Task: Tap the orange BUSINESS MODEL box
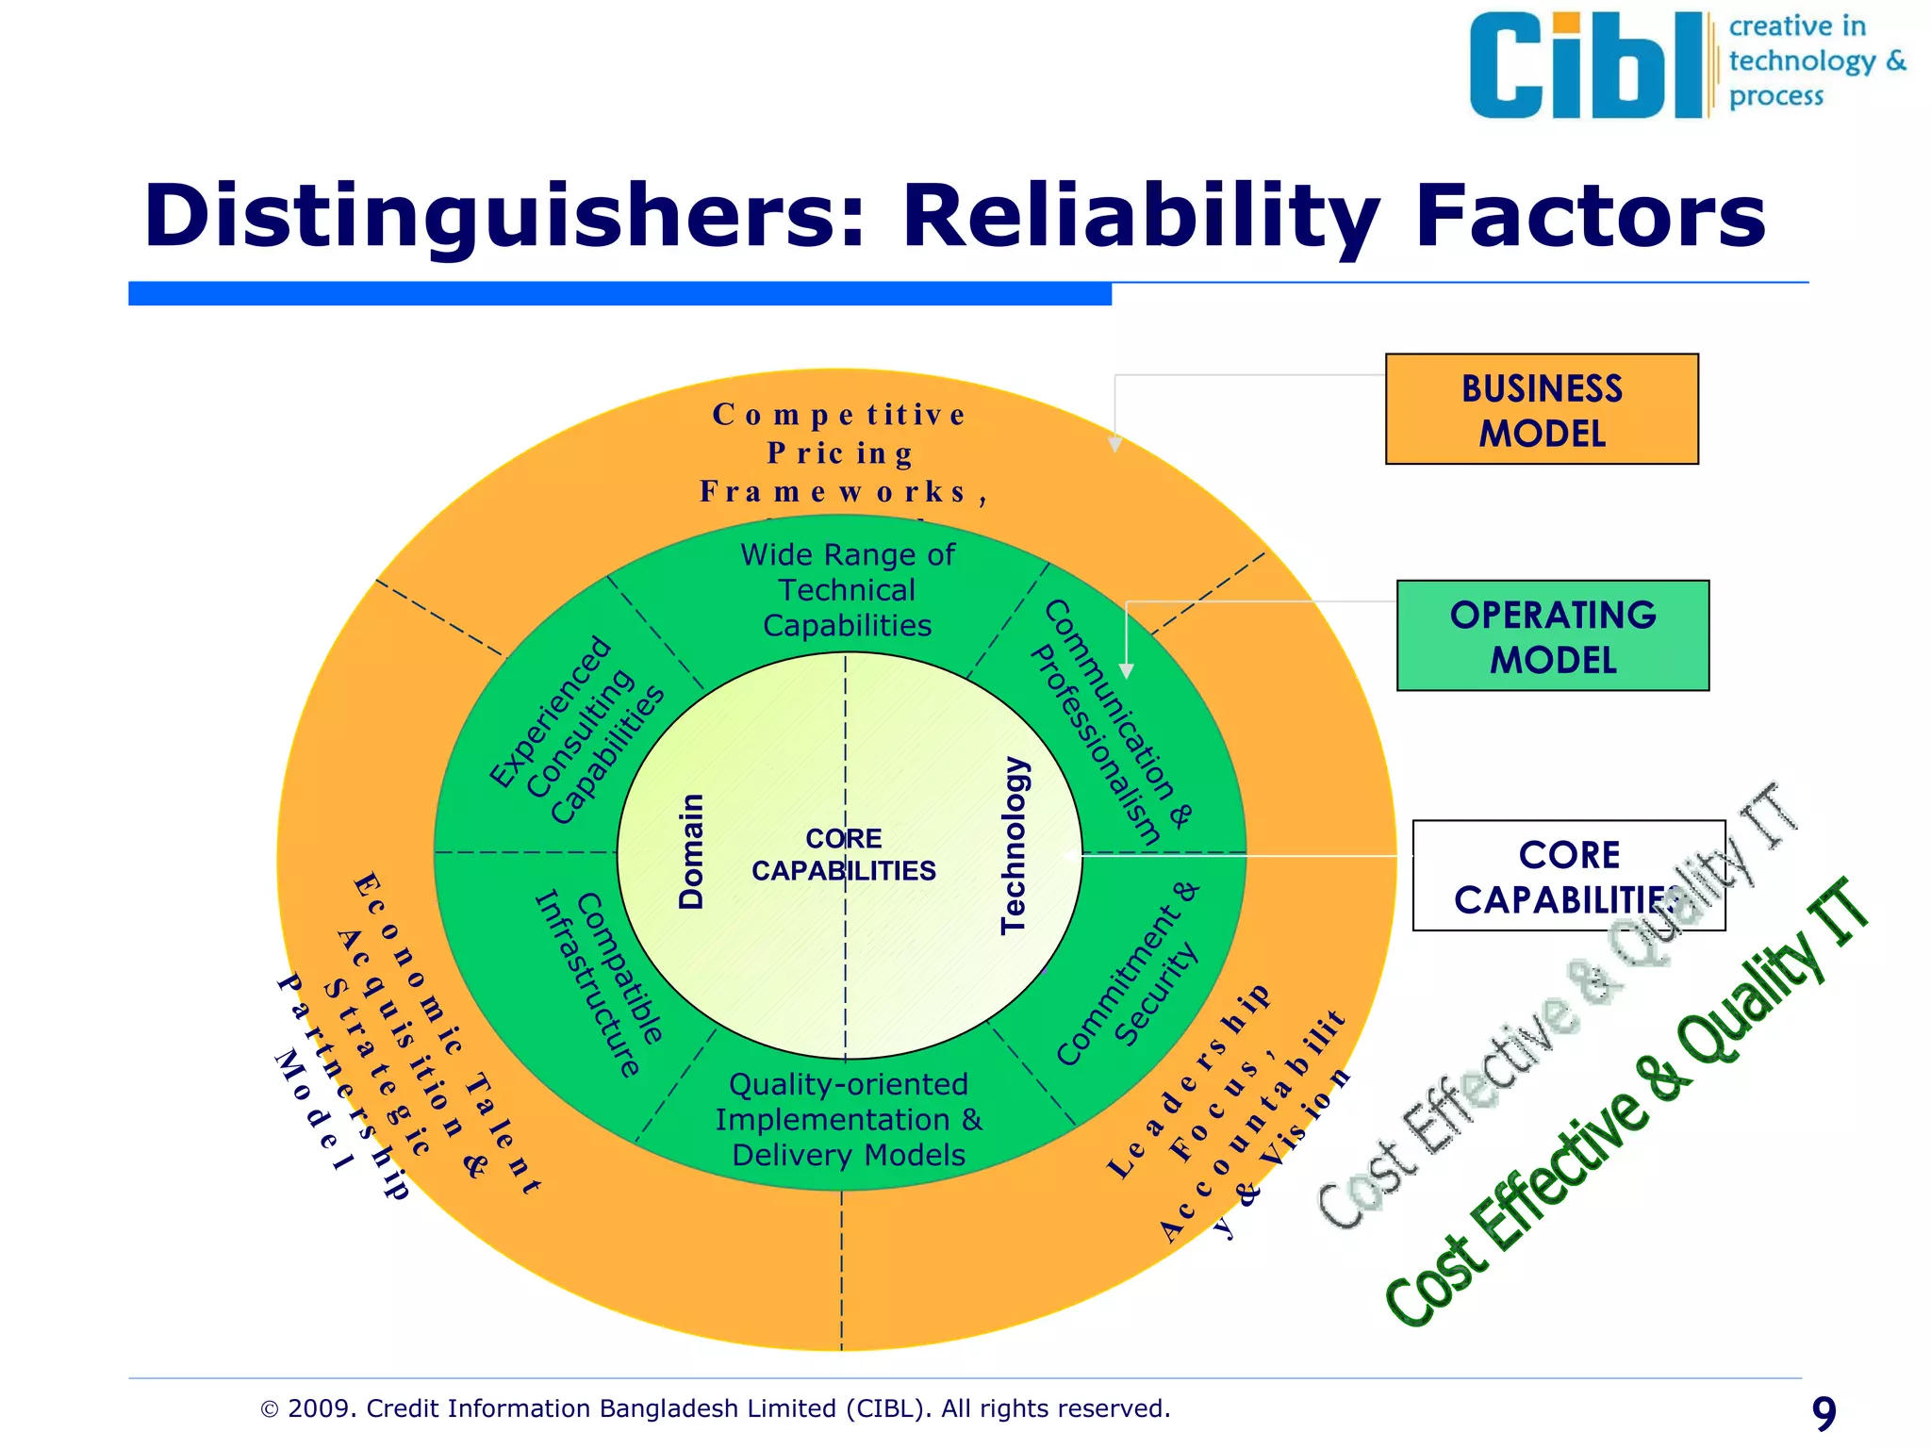(x=1541, y=410)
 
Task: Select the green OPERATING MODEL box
(x=1552, y=636)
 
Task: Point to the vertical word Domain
(x=692, y=851)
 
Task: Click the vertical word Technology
(x=1014, y=846)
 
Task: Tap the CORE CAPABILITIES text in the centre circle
(x=844, y=854)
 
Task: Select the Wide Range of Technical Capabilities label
(x=847, y=590)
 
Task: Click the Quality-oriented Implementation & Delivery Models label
(x=849, y=1120)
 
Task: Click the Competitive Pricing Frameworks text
(x=839, y=453)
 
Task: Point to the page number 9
(x=1824, y=1413)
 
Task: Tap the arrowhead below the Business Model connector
(x=1114, y=444)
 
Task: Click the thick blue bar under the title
(x=619, y=293)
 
